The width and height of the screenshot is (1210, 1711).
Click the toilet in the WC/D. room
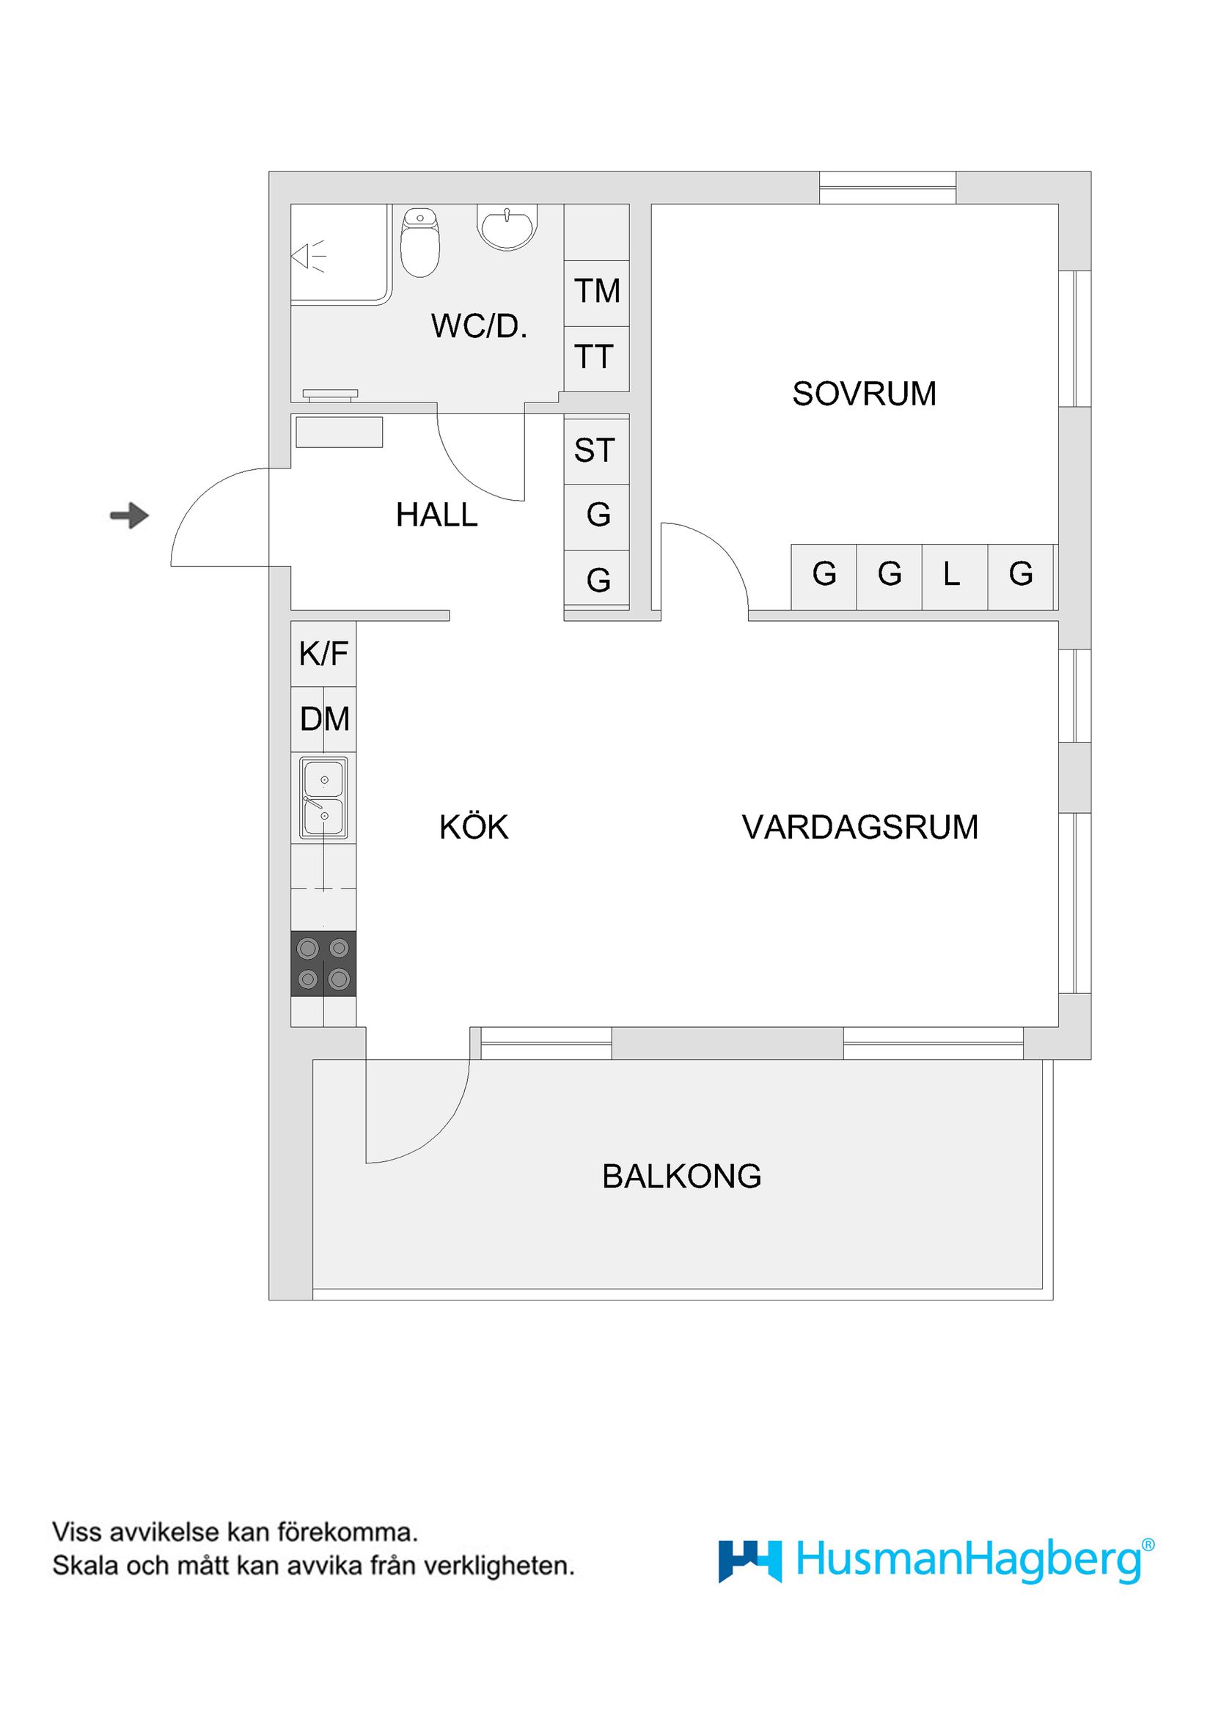click(x=420, y=243)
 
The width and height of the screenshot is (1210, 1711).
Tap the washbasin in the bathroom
click(x=507, y=227)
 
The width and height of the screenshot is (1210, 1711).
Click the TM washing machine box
click(x=596, y=291)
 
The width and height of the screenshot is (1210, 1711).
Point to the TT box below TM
click(x=595, y=358)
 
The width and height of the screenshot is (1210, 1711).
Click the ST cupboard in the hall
click(x=595, y=450)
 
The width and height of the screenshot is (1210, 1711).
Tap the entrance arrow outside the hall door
click(x=130, y=515)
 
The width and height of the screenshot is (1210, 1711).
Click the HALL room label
click(x=436, y=515)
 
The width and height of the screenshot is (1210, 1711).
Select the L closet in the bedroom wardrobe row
click(x=952, y=574)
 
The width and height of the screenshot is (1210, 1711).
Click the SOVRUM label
click(x=863, y=394)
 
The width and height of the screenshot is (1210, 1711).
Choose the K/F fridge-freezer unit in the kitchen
click(x=323, y=654)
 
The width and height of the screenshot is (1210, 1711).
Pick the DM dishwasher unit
click(x=323, y=719)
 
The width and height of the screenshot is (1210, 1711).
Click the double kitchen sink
click(x=323, y=798)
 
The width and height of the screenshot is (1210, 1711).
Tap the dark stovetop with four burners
click(x=323, y=963)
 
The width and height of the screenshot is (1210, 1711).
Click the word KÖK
click(x=474, y=827)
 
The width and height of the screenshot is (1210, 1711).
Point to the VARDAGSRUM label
click(x=859, y=827)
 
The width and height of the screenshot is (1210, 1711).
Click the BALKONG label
click(x=681, y=1176)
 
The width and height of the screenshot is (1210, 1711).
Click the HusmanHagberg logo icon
click(x=749, y=1561)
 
